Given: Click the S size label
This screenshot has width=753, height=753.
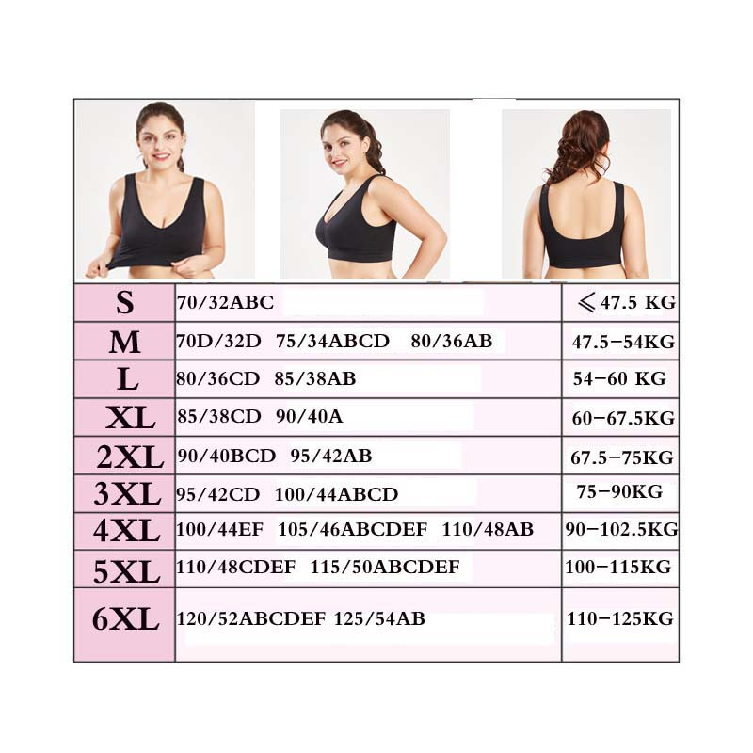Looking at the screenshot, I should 124,303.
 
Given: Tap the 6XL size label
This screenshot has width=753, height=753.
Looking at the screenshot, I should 125,618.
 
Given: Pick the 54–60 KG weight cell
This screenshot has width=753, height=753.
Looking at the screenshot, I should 619,378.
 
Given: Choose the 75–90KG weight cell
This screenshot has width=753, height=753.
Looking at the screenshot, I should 619,491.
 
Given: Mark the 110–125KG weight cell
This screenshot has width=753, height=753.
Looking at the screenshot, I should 619,618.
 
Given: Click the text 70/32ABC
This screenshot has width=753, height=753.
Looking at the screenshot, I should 225,303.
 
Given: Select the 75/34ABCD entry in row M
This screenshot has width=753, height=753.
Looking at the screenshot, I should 332,341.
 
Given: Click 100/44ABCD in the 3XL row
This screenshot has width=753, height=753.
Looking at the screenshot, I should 336,494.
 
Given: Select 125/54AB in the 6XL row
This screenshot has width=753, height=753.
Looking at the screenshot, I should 379,618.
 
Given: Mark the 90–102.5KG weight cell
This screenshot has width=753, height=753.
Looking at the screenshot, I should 621,529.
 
